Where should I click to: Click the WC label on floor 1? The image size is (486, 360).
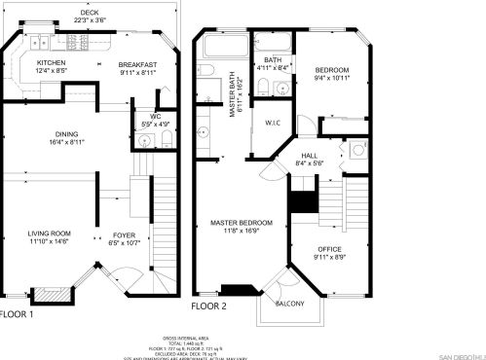click(x=155, y=118)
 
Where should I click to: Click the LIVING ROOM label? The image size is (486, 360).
click(x=49, y=234)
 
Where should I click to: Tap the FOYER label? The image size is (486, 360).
click(x=124, y=234)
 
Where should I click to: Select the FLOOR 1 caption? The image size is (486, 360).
click(x=17, y=314)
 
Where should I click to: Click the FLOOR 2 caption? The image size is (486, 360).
click(x=208, y=306)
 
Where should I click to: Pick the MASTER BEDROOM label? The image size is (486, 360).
click(x=242, y=223)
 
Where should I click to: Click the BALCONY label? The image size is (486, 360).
click(x=289, y=304)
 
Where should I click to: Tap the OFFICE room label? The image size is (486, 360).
click(x=328, y=250)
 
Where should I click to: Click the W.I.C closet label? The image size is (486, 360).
click(x=272, y=123)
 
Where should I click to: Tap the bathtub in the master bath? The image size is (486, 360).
click(x=222, y=47)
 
